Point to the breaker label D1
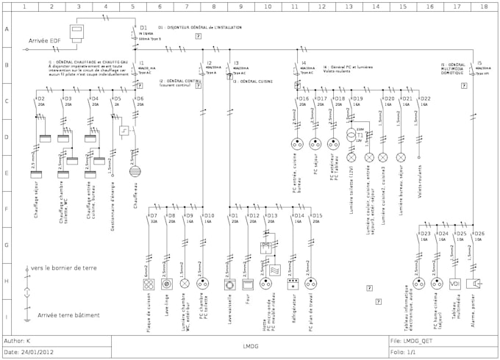click(x=144, y=27)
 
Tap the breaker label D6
click(x=140, y=98)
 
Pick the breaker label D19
click(x=357, y=98)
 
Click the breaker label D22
click(x=426, y=98)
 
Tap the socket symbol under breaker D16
click(x=298, y=144)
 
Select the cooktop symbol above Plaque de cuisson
click(x=146, y=284)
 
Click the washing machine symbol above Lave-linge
click(x=165, y=284)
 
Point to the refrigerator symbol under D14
click(x=292, y=284)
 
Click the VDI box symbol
click(x=454, y=284)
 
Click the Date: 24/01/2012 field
click(x=29, y=352)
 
